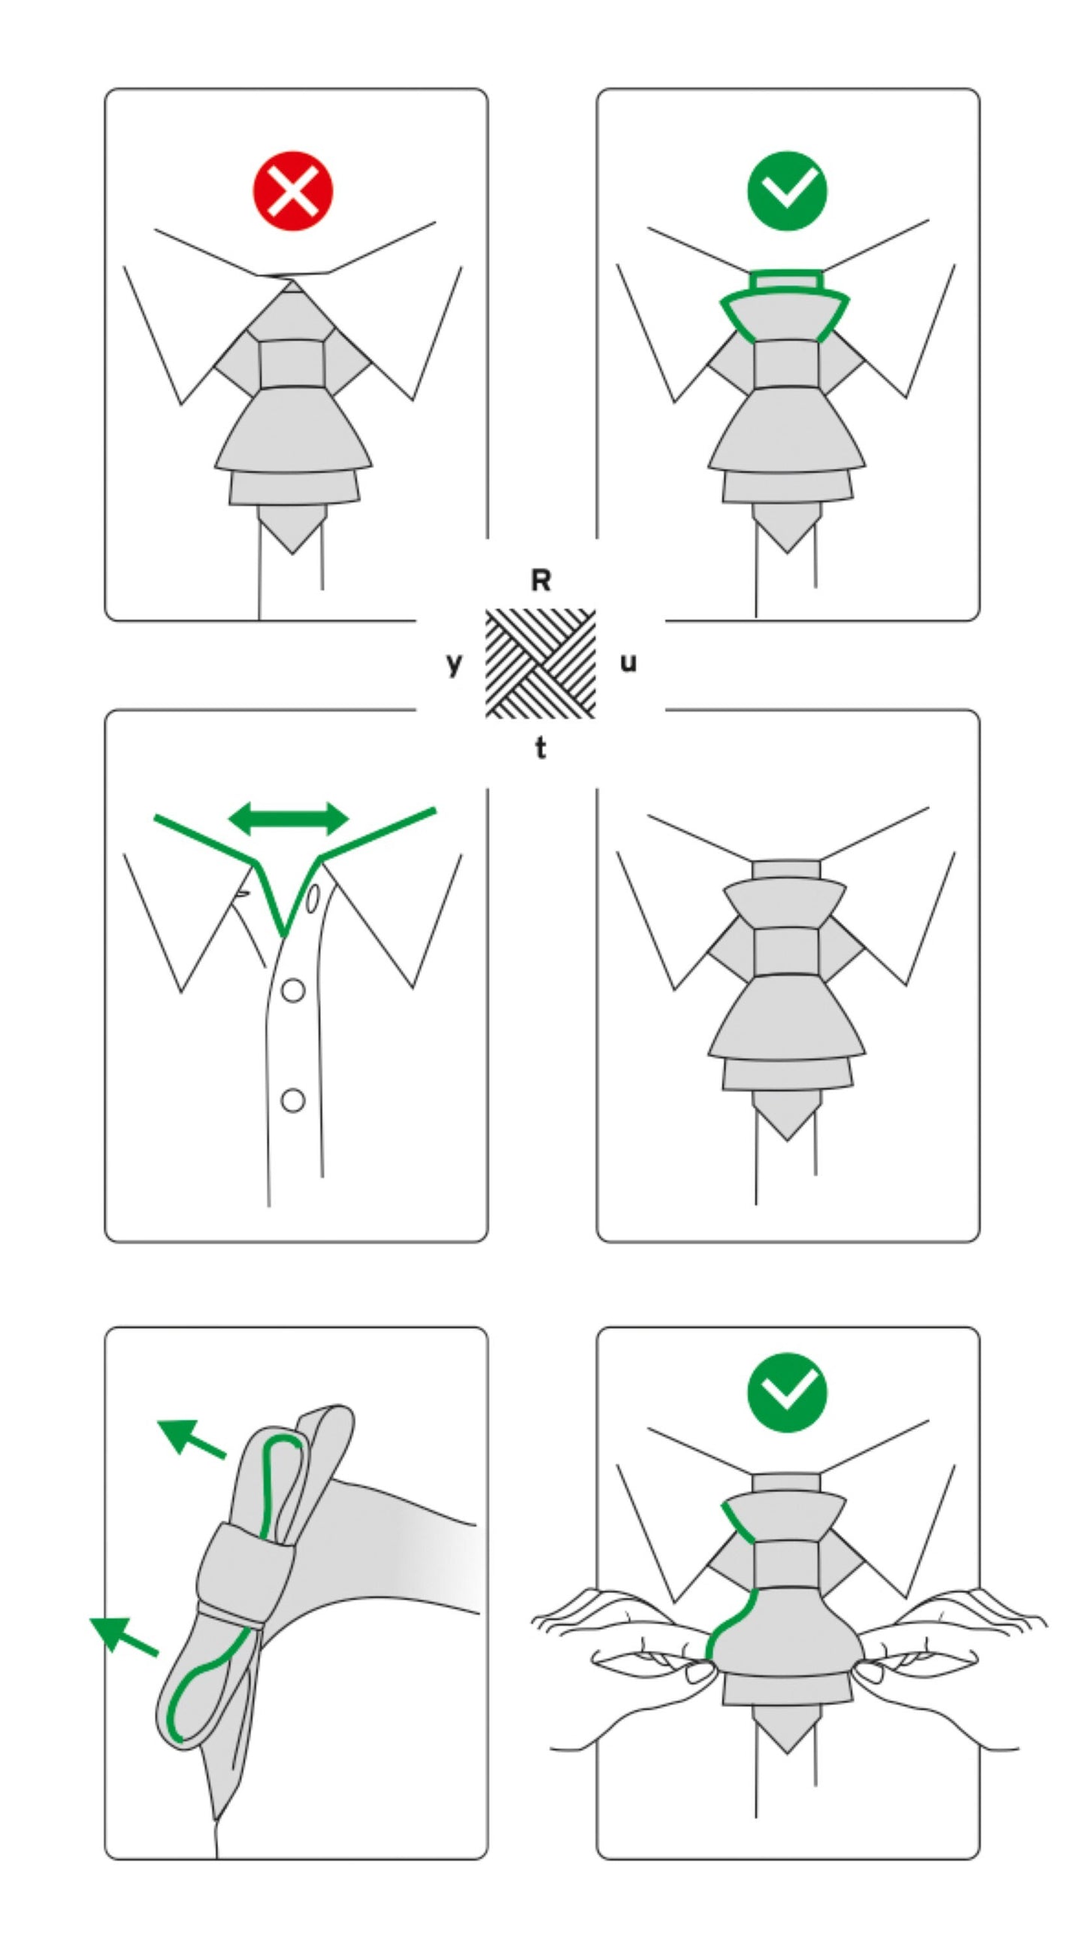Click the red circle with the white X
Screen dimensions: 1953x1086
point(292,190)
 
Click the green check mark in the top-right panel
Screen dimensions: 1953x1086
point(787,190)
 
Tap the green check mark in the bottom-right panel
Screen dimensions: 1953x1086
point(787,1392)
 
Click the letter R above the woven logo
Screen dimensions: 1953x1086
point(540,581)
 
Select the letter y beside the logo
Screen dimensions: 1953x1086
point(453,663)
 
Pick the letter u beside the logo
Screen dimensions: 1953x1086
point(628,663)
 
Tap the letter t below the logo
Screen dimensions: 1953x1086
point(540,748)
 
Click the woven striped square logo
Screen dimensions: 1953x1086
point(540,663)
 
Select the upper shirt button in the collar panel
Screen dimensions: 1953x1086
point(292,990)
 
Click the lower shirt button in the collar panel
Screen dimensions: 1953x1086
point(292,1100)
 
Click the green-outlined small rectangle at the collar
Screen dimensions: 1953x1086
point(786,281)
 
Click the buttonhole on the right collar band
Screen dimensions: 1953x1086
point(311,899)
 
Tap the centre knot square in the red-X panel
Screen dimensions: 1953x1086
point(292,364)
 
